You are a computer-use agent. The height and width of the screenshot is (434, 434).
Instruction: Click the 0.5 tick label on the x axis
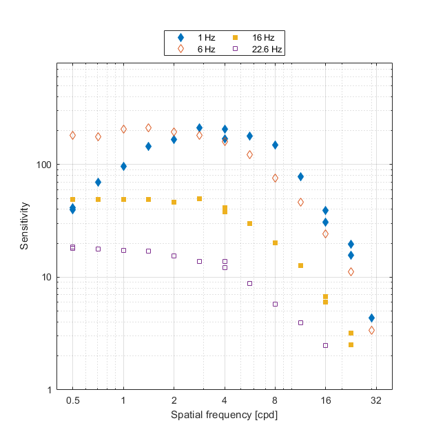tap(72, 400)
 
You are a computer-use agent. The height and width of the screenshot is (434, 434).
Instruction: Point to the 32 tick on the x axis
tap(375, 400)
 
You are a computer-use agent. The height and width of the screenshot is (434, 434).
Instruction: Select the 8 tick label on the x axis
tap(275, 400)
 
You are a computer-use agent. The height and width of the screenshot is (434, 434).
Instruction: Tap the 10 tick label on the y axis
tap(45, 277)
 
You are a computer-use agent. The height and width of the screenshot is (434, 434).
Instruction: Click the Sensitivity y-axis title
tap(25, 226)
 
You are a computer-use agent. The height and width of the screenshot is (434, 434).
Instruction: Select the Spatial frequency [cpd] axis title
tap(224, 415)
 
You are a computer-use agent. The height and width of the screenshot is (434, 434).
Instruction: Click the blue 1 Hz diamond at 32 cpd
tap(371, 318)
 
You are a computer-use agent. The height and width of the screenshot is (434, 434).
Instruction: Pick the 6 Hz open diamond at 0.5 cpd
tap(72, 135)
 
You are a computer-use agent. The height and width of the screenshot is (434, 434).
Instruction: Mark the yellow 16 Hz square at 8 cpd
tap(275, 242)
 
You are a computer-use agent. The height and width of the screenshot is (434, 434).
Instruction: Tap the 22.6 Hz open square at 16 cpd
tap(325, 345)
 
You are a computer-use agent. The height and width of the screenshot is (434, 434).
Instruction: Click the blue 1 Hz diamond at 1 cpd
tap(123, 166)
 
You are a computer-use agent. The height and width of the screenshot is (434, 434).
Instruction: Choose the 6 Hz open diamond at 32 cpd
tap(371, 330)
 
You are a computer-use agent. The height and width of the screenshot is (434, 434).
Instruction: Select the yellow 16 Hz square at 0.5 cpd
tap(72, 199)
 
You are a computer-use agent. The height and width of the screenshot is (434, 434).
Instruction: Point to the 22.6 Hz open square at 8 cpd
tap(275, 304)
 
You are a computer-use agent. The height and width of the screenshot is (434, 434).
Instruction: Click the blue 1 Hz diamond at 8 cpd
tap(275, 145)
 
